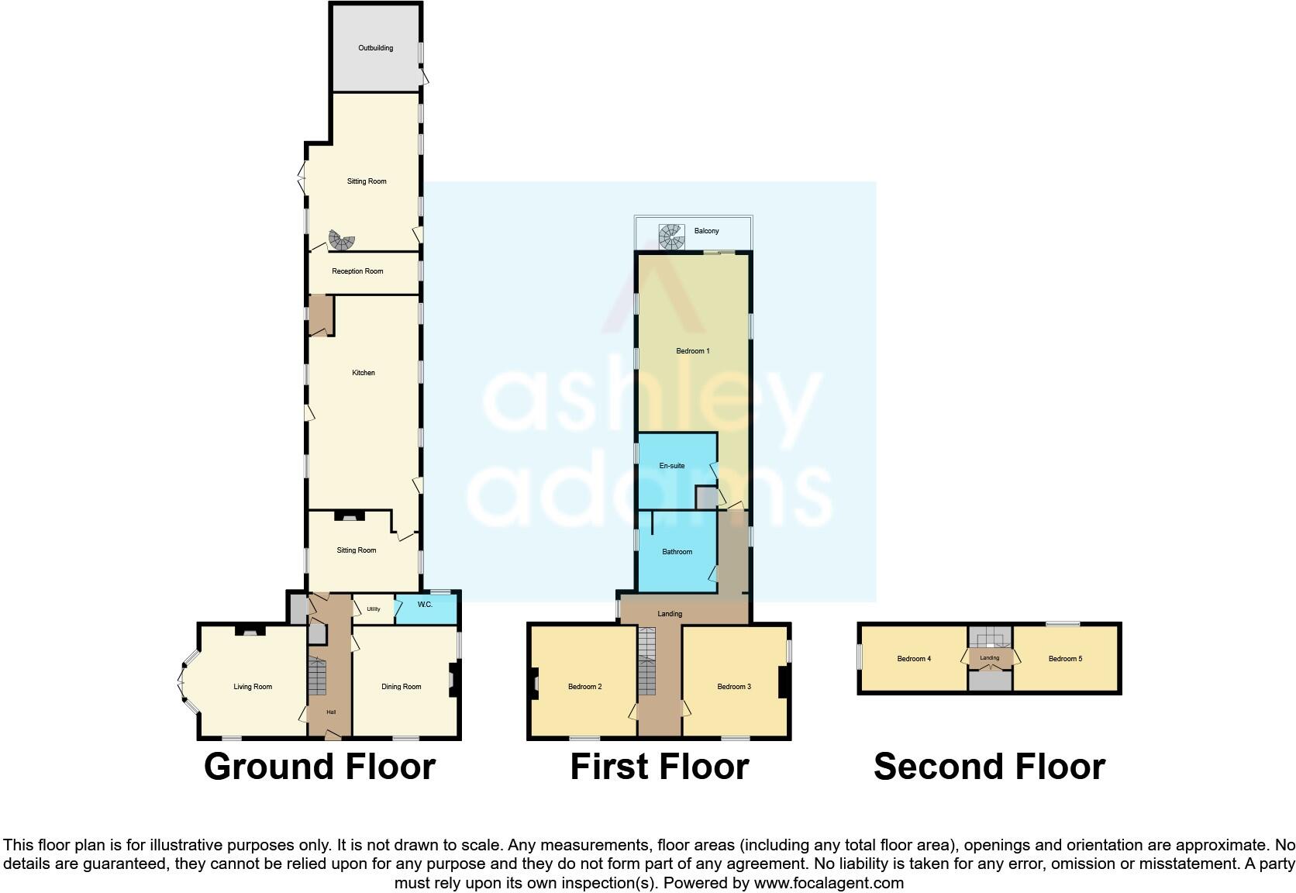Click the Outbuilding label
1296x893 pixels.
375,48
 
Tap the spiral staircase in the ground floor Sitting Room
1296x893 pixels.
340,240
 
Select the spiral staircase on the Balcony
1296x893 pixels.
671,236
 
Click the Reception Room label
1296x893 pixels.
357,271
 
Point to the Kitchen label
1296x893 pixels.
364,373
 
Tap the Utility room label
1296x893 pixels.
374,609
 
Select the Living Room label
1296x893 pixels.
253,687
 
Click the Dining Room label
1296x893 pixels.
402,687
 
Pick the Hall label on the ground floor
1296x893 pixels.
331,712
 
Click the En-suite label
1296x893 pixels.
672,466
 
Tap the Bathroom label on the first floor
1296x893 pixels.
677,552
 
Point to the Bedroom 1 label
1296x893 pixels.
693,351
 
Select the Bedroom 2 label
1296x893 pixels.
585,687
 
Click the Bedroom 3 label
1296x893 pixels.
734,687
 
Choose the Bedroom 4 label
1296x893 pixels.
914,659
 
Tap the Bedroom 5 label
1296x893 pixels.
1065,659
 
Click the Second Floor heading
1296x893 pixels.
989,767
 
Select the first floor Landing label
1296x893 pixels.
670,614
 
